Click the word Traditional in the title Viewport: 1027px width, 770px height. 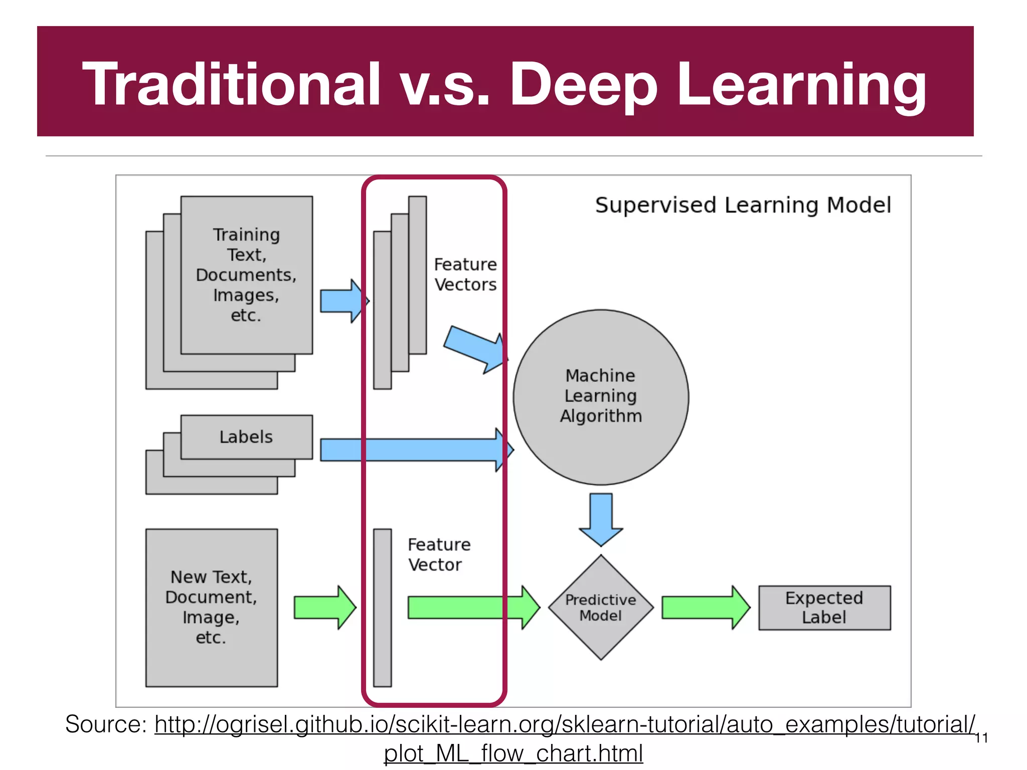pyautogui.click(x=231, y=84)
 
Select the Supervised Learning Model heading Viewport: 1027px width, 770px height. pyautogui.click(x=743, y=205)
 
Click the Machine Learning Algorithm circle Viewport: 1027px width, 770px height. pyautogui.click(x=601, y=397)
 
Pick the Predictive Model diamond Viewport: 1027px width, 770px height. pyautogui.click(x=601, y=608)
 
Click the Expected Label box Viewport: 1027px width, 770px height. pyautogui.click(x=824, y=608)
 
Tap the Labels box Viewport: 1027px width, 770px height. pyautogui.click(x=246, y=437)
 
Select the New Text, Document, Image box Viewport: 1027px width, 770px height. pyautogui.click(x=211, y=607)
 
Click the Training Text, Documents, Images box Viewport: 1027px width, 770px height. pyautogui.click(x=246, y=275)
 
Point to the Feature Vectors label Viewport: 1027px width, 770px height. pyautogui.click(x=465, y=274)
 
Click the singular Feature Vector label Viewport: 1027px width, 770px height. pyautogui.click(x=439, y=554)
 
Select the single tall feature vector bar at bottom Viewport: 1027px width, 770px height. pyautogui.click(x=382, y=608)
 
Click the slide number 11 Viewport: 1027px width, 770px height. pyautogui.click(x=981, y=738)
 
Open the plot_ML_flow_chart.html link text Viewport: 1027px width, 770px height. pyautogui.click(x=513, y=753)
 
